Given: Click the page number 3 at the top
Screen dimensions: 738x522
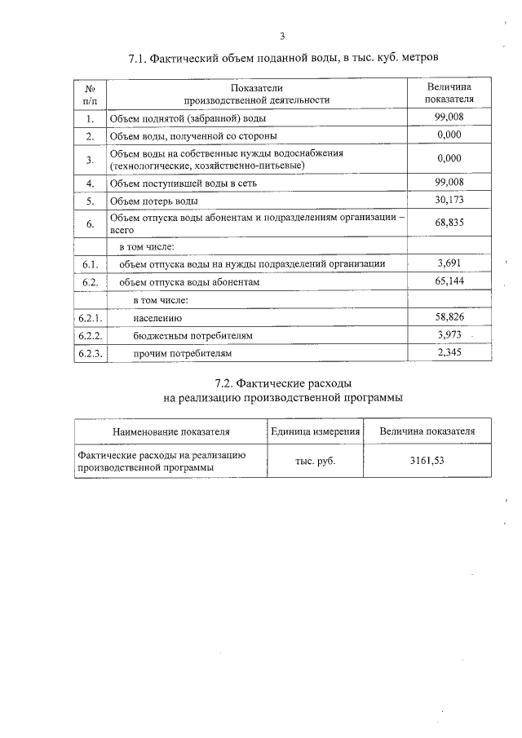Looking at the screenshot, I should (282, 36).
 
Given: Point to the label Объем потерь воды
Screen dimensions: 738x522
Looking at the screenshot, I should (154, 201).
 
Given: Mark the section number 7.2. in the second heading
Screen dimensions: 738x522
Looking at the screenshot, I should (228, 382).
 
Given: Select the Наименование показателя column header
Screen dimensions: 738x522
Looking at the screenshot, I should (171, 431).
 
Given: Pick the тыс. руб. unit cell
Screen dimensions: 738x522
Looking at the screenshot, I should (315, 461).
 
